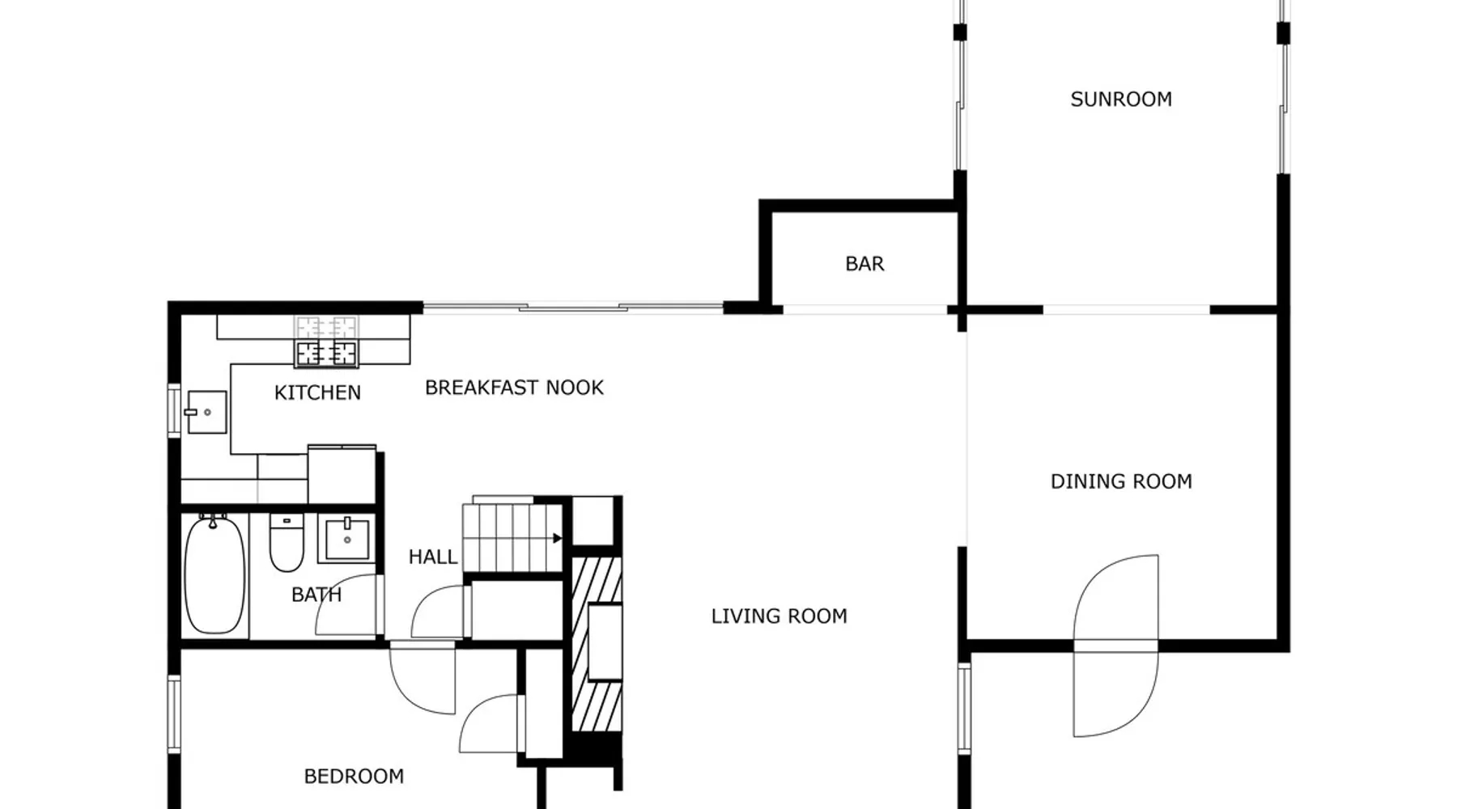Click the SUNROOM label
[1121, 100]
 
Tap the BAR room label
[864, 264]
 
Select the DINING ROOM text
[1121, 481]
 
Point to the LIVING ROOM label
[779, 616]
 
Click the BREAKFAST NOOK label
[514, 388]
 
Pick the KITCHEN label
[317, 392]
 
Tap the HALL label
[433, 557]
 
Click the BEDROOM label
[354, 777]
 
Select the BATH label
[316, 595]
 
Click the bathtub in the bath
[215, 574]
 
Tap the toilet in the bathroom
[287, 542]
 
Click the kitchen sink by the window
[206, 412]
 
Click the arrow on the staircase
[557, 538]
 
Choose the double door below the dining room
[1116, 646]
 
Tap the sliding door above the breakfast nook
[573, 307]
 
